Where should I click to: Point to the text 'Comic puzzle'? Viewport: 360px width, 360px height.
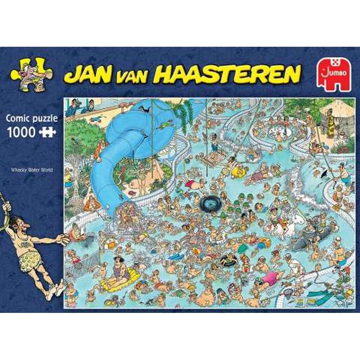tap(31, 118)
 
